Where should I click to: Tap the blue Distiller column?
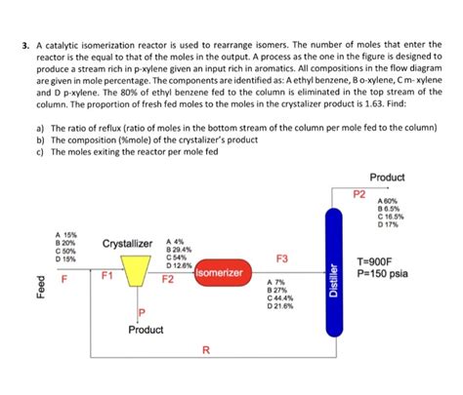[335, 262]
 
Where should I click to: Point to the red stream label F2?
[167, 280]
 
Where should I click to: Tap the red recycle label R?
[205, 350]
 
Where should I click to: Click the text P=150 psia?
[383, 274]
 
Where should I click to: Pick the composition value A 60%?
[387, 200]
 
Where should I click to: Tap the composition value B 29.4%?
[181, 250]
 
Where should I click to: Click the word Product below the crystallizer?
[146, 330]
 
